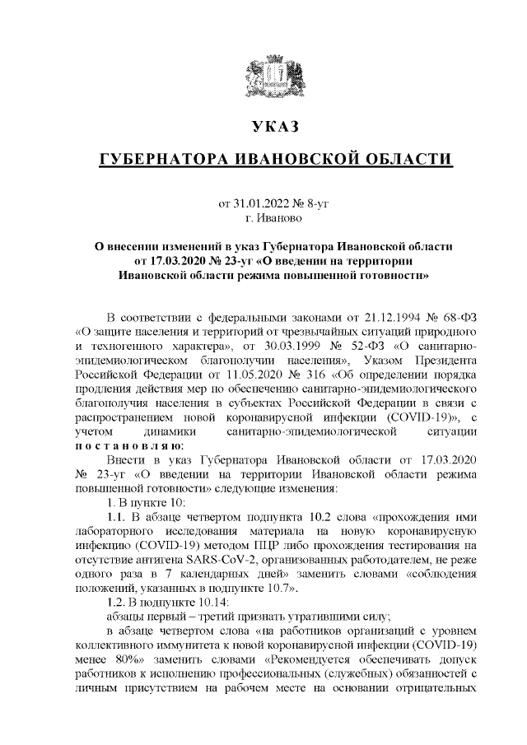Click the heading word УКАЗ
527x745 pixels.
point(273,126)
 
